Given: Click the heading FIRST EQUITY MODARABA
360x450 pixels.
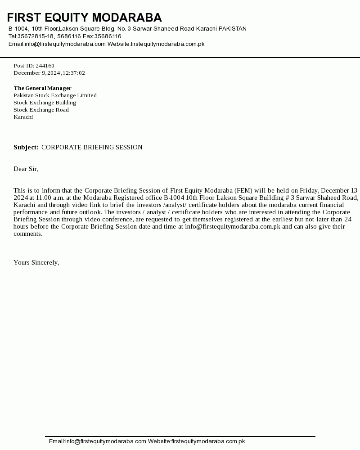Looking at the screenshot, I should click(84, 18).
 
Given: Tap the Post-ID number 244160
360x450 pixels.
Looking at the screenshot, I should click(45, 66).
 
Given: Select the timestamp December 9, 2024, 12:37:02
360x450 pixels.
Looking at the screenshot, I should click(49, 73).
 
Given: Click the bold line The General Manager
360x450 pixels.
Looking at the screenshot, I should click(42, 88).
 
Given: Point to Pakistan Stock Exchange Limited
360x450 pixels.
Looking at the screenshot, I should click(55, 95).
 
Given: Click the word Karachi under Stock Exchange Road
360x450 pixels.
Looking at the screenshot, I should click(23, 117).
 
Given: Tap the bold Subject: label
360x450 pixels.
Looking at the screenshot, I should click(26, 147).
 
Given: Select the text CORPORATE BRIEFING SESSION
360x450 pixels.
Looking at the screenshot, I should click(92, 147).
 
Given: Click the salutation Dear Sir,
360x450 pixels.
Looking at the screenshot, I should click(26, 169).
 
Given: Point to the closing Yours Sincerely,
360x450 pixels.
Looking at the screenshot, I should click(36, 262).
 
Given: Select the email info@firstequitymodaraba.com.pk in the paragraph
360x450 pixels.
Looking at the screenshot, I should click(233, 226).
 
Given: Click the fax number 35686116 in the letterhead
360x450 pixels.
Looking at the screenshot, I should click(108, 36).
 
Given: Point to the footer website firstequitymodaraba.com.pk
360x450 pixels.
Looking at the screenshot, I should click(208, 441).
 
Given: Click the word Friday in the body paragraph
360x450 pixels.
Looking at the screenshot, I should click(309, 190).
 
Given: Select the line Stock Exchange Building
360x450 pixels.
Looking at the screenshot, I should click(45, 103).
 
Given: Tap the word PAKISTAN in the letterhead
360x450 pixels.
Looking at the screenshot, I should click(233, 29).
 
